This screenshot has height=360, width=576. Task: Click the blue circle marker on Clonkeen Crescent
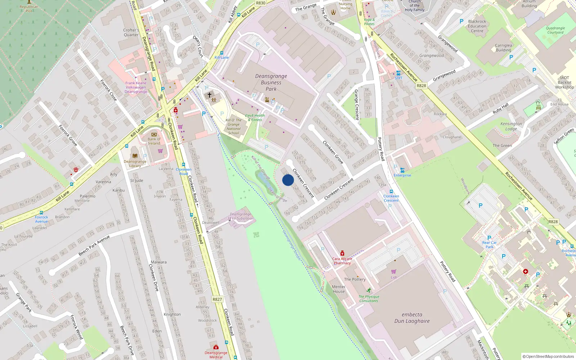pos(288,180)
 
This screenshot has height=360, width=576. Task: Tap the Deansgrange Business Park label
pos(271,82)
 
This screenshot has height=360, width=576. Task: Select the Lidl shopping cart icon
pos(394,271)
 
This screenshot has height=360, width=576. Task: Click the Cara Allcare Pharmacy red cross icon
pos(342,253)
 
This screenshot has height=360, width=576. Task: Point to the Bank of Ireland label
pos(154,141)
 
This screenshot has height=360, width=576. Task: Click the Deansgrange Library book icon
pos(135,156)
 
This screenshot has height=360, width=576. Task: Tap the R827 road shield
pos(217,299)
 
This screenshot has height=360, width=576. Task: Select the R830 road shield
pos(261,3)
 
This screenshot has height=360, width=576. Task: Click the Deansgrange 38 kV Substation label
pos(240,216)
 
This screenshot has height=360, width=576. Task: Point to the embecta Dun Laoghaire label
pos(412,318)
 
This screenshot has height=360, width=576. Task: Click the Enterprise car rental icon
pos(402,170)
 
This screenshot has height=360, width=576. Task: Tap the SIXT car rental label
pos(399,78)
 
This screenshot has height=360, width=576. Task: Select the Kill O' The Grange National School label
pos(234,126)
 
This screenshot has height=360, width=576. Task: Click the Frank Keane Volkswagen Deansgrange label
pos(136,87)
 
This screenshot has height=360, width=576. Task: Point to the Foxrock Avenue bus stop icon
pos(41,213)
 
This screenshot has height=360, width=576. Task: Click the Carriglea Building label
pos(503,48)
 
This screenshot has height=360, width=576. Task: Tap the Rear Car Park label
pos(489,244)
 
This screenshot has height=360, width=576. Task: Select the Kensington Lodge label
pos(511,126)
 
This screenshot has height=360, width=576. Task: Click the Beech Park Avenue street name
pos(94,246)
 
